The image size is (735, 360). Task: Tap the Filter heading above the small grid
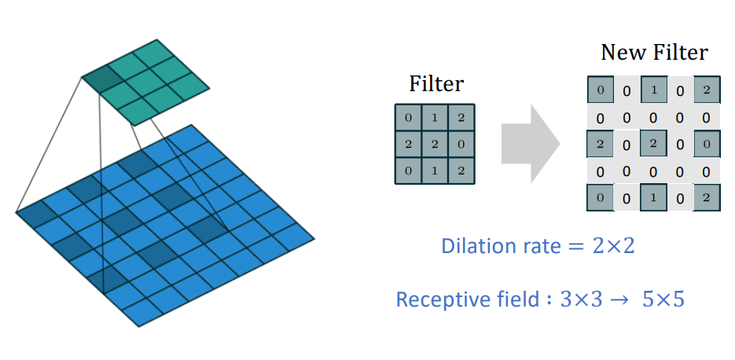436,84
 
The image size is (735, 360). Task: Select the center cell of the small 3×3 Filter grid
435,144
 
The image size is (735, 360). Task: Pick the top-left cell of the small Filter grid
408,118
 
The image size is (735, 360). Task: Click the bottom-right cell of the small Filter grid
461,170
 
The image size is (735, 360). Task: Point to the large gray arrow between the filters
531,144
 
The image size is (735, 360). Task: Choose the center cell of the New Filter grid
653,143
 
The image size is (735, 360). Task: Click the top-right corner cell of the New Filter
707,90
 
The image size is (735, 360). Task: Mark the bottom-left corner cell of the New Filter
601,197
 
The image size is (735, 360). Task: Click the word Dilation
474,246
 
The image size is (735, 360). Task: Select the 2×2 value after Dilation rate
613,246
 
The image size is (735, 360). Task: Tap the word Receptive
434,299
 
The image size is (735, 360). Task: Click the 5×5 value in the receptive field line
663,299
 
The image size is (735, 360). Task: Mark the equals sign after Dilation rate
576,247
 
